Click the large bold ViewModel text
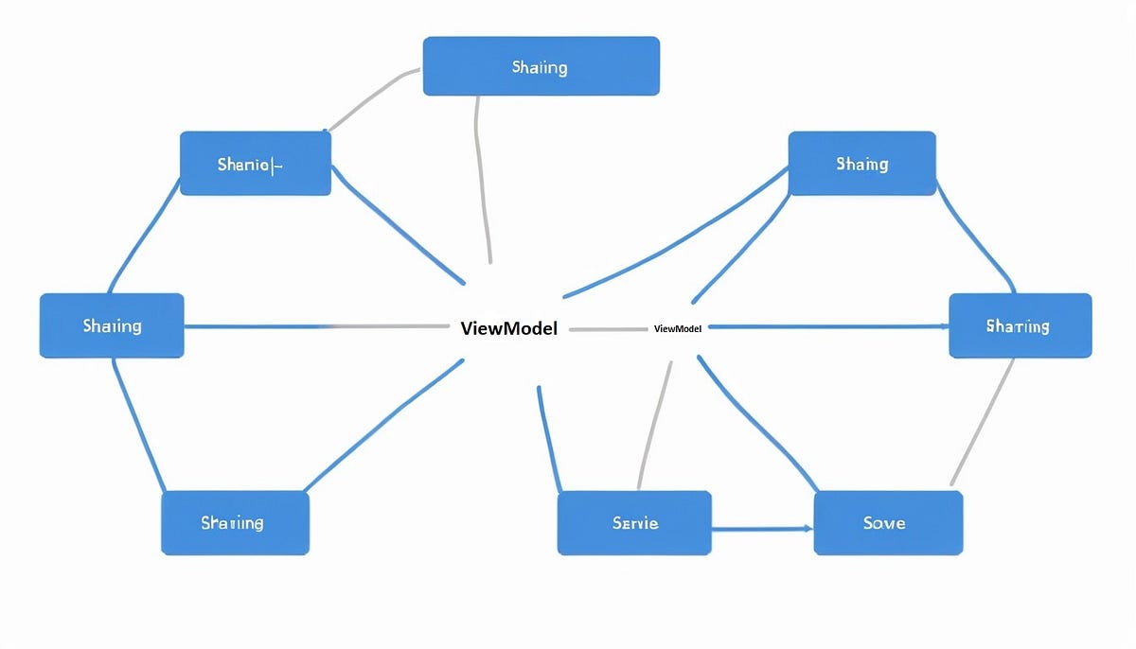(x=508, y=328)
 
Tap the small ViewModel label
(x=678, y=328)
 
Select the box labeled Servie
(x=634, y=522)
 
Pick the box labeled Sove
(x=888, y=522)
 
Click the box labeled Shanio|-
(x=256, y=164)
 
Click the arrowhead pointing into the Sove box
(x=808, y=528)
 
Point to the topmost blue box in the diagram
(x=541, y=66)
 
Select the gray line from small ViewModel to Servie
(x=655, y=426)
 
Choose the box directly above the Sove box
(x=1020, y=325)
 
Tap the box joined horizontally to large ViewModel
(x=112, y=325)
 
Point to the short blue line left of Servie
(x=547, y=435)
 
